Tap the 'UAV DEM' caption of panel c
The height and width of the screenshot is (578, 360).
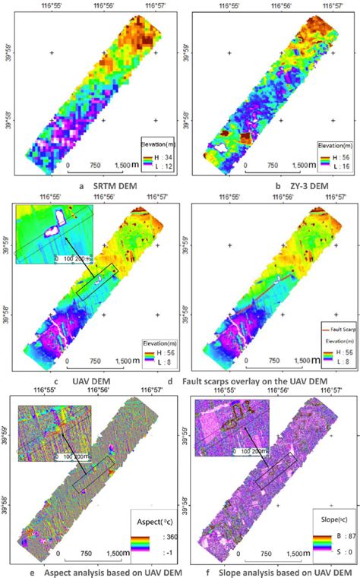point(93,380)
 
